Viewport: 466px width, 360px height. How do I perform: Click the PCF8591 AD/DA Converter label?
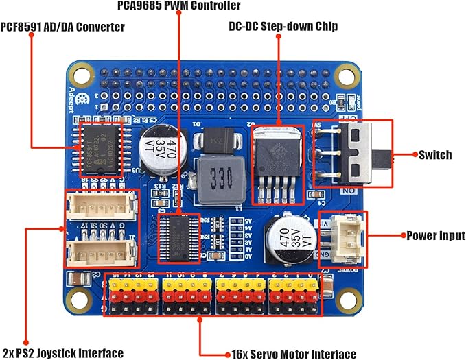(x=62, y=27)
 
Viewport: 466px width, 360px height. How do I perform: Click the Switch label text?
(x=435, y=155)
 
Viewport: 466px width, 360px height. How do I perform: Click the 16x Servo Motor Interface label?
(x=294, y=354)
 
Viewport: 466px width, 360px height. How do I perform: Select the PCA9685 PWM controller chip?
(x=178, y=237)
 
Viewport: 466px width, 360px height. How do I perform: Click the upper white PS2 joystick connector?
(x=100, y=204)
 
